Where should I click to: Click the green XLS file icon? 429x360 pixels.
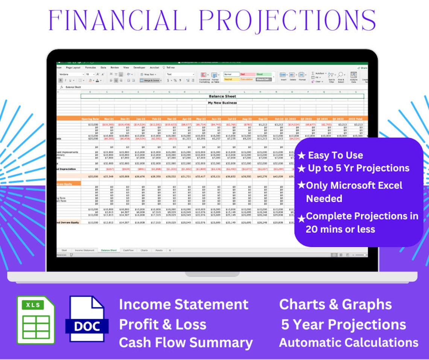36,320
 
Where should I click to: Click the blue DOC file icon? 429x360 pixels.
87,320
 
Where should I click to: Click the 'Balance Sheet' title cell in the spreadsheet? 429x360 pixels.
222,96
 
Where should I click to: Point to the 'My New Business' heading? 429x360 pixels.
222,103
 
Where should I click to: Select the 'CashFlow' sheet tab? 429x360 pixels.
128,250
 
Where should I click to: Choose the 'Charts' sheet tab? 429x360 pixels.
144,250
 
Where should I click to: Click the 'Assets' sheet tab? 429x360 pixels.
159,250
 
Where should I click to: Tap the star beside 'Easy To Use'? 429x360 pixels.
301,156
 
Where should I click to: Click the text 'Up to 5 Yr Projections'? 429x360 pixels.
358,168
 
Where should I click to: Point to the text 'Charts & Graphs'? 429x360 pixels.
335,305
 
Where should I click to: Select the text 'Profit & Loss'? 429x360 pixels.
163,325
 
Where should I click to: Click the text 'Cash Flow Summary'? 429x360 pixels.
186,343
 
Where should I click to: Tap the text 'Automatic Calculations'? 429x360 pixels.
348,343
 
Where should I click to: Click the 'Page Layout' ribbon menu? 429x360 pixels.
73,67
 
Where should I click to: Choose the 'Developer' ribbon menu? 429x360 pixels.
139,67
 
